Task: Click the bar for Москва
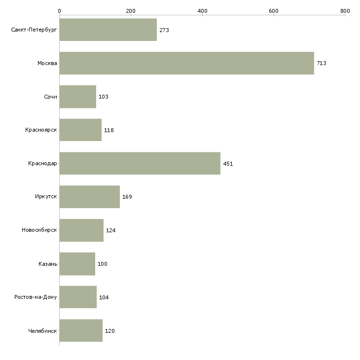(186, 63)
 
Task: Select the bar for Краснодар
(140, 163)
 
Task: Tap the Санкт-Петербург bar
(108, 30)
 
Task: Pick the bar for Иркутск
(89, 197)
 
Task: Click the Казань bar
(77, 264)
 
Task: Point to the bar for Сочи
(77, 97)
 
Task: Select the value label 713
(322, 64)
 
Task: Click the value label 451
(228, 164)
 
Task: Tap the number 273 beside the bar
(164, 30)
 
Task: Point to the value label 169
(127, 197)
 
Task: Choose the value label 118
(109, 130)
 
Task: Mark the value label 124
(111, 230)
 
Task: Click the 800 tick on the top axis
(345, 11)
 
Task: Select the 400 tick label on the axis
(202, 11)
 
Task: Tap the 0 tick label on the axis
(59, 11)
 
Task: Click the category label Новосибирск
(39, 230)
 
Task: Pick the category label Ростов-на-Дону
(36, 297)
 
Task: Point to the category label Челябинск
(43, 331)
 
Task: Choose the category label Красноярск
(41, 130)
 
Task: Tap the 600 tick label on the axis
(274, 11)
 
